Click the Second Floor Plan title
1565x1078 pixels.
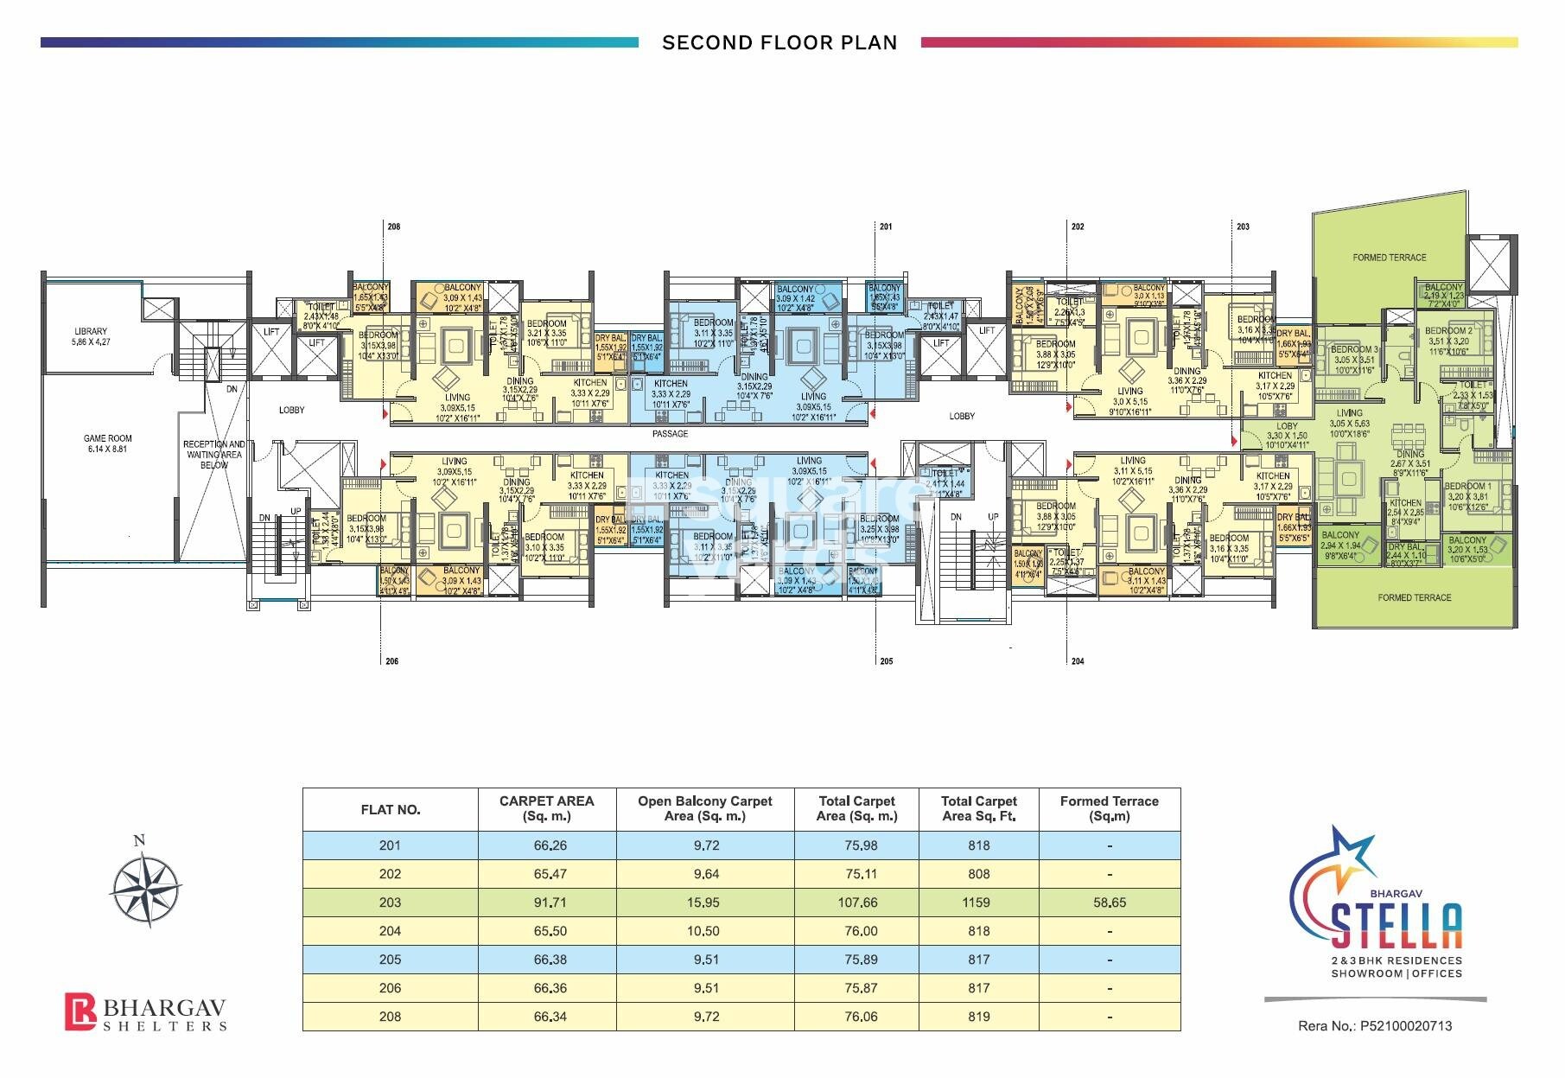point(779,42)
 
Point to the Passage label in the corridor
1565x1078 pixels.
point(670,434)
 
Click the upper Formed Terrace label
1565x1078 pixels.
point(1390,258)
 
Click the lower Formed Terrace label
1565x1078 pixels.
point(1414,597)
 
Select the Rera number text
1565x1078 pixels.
point(1375,1026)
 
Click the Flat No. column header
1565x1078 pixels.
point(390,810)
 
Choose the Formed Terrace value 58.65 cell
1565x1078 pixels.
point(1109,903)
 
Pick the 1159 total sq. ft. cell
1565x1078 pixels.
point(977,903)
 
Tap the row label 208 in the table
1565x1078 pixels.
point(390,1017)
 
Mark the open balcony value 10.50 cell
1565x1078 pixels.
point(706,931)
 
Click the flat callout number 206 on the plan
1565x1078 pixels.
point(391,661)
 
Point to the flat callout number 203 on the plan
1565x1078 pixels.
point(1243,226)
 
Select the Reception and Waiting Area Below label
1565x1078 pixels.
point(213,454)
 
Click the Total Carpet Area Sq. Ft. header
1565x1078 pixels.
point(978,808)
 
